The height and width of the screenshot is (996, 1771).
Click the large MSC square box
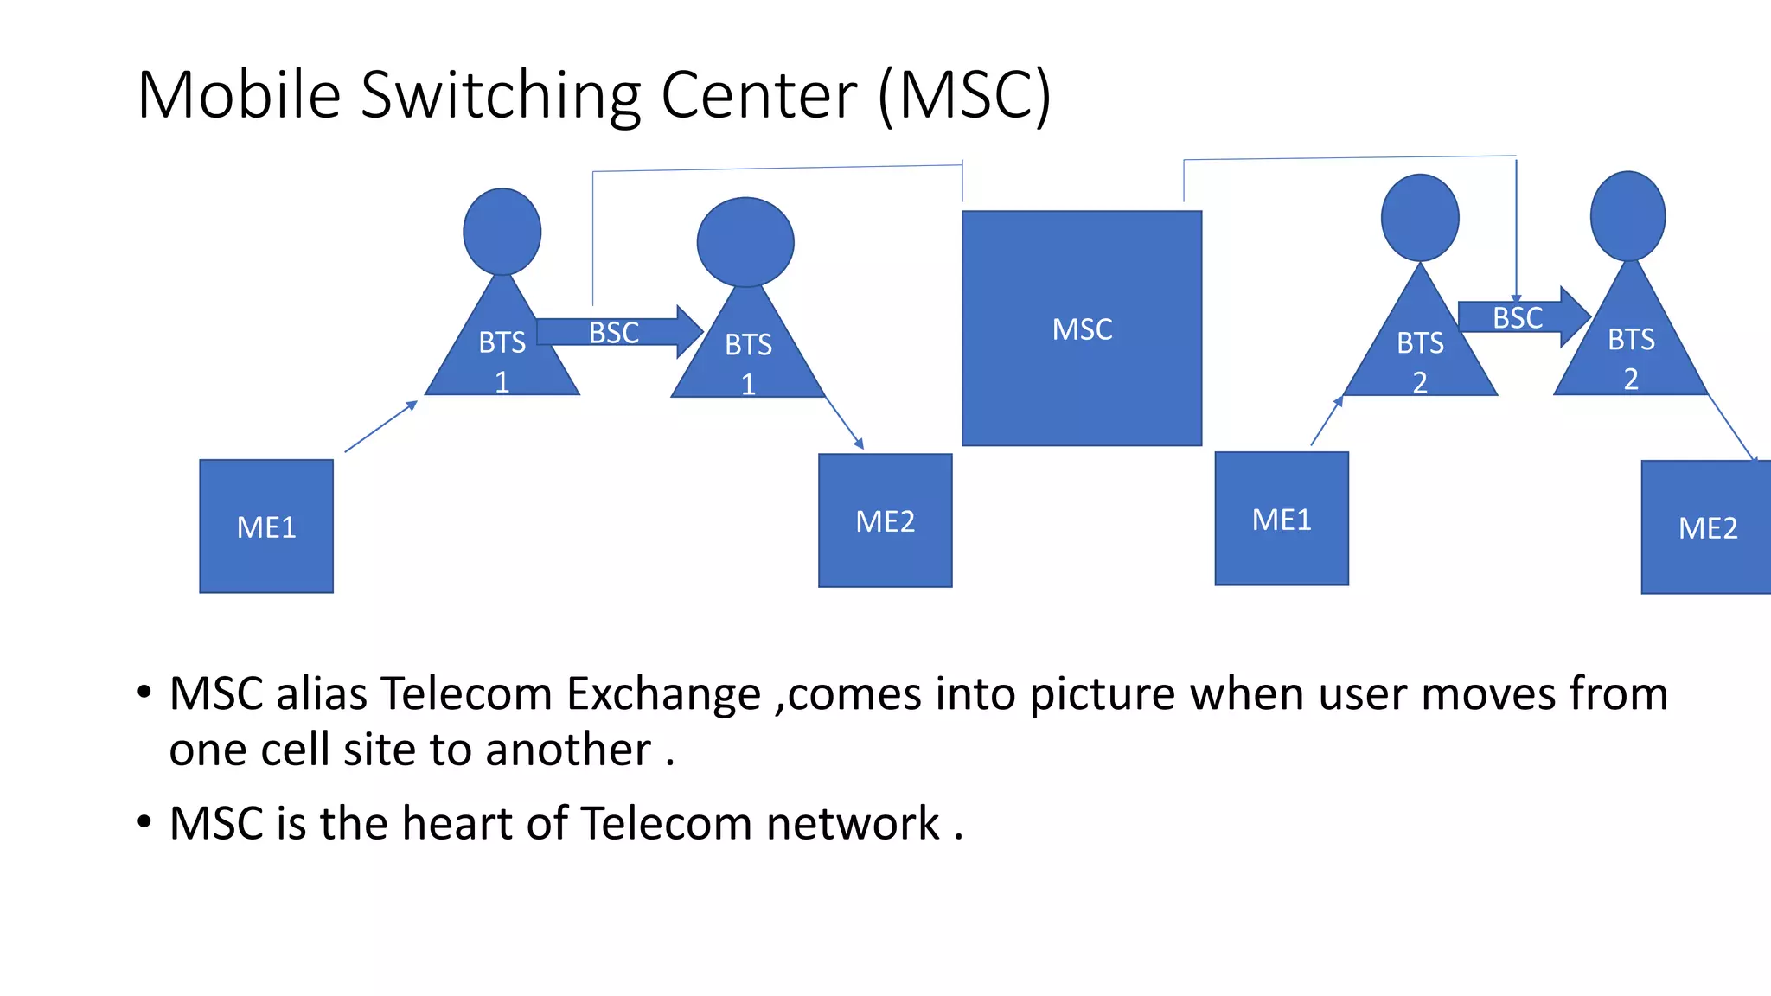1081,329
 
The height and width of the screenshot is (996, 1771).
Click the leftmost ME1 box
266,527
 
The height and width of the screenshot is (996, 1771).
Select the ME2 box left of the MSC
885,521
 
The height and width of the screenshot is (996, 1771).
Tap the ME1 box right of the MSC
1281,520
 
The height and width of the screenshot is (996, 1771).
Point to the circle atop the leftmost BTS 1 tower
502,232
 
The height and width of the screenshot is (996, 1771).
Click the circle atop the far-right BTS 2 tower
1627,216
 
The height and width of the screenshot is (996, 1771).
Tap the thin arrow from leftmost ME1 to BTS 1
380,426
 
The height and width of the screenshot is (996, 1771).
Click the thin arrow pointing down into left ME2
845,423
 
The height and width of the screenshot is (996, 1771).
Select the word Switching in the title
501,95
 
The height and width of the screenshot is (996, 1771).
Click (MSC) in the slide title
965,95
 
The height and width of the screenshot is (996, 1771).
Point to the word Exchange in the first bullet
663,694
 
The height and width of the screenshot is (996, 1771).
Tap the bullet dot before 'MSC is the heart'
144,821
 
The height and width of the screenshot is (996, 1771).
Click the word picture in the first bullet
1102,694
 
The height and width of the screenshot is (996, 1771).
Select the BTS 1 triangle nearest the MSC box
748,354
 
